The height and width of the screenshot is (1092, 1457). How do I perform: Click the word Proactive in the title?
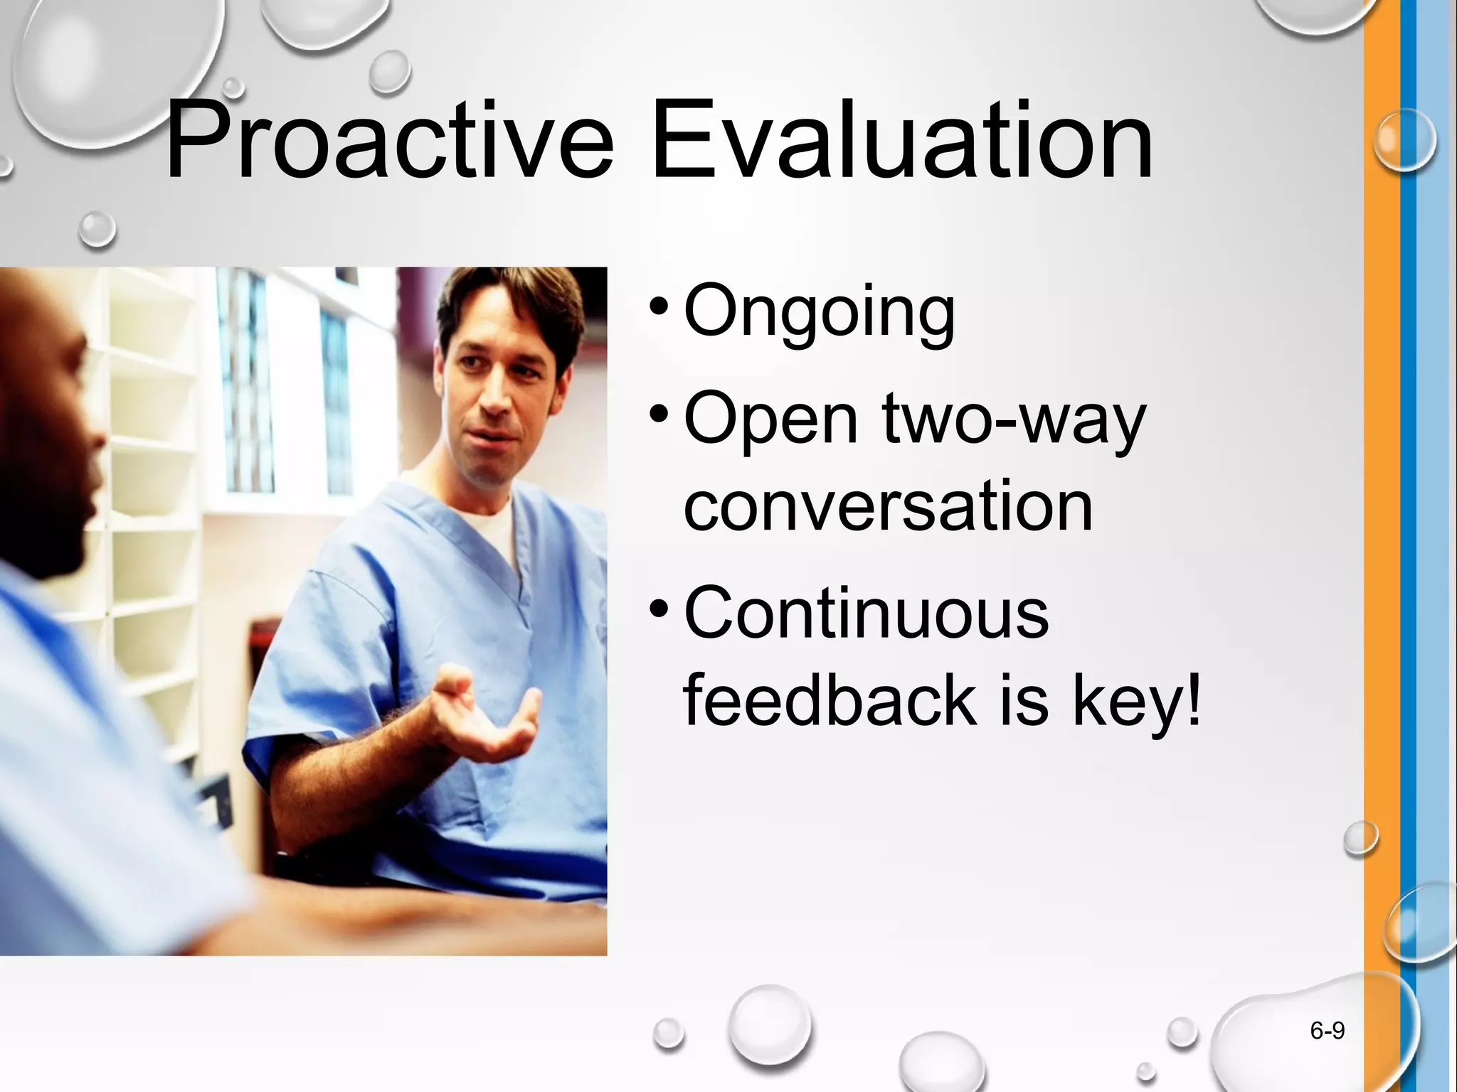[x=388, y=142]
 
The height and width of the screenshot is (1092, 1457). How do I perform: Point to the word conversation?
[x=887, y=506]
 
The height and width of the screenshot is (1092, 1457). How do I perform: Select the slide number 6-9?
[x=1327, y=1030]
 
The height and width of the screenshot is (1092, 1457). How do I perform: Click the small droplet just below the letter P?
[x=97, y=229]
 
